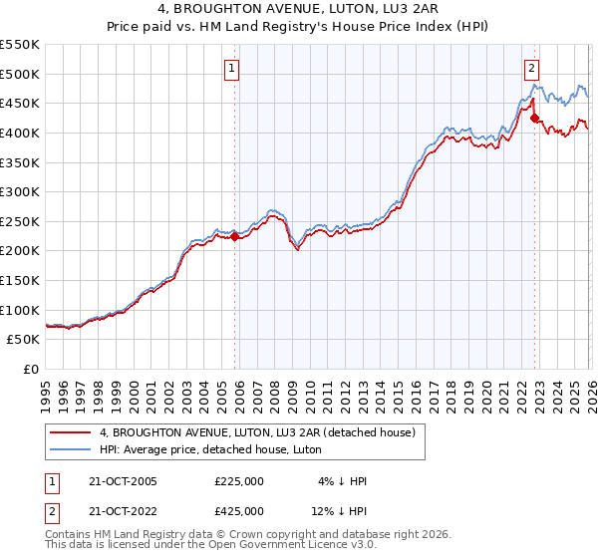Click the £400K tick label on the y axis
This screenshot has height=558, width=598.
click(20, 133)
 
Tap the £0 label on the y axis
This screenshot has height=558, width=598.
click(29, 369)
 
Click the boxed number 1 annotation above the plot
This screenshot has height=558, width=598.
click(231, 69)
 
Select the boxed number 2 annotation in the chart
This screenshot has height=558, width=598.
click(531, 69)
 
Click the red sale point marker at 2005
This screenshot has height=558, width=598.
click(235, 237)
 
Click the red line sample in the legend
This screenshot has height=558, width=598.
click(71, 431)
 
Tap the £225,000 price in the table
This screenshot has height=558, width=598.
click(239, 481)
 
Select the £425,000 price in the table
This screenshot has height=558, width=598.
click(239, 511)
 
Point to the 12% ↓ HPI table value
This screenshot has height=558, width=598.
click(339, 511)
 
